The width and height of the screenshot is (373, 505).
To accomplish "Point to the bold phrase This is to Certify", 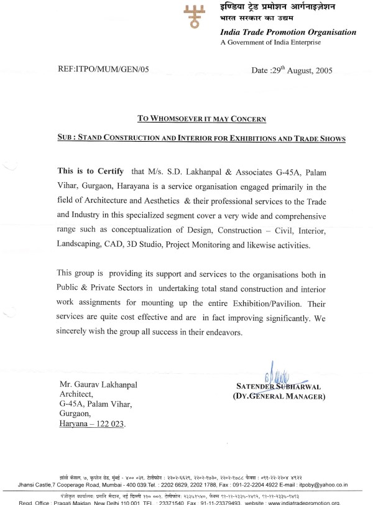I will pyautogui.click(x=91, y=170).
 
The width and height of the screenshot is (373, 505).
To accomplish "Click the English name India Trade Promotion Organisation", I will pyautogui.click(x=288, y=32).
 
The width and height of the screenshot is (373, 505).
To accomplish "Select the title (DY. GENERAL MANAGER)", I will pyautogui.click(x=278, y=396).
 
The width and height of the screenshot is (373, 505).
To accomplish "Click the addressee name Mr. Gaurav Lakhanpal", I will pyautogui.click(x=98, y=384).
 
